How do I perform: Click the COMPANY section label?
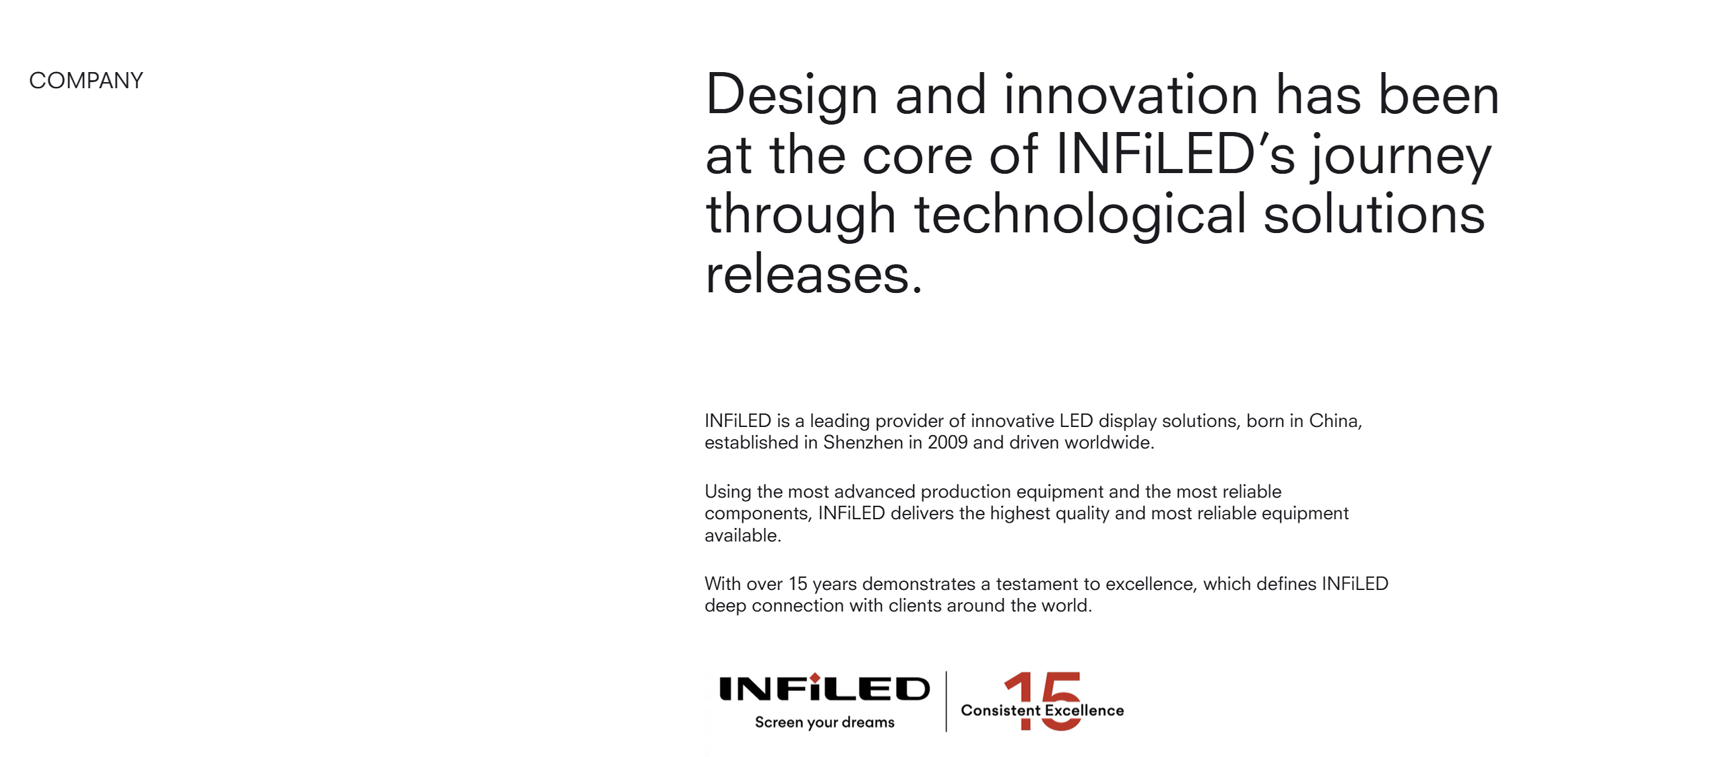click(x=86, y=81)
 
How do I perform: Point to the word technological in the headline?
click(x=1080, y=214)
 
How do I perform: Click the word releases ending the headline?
click(x=814, y=274)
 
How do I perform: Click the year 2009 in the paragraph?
click(x=947, y=442)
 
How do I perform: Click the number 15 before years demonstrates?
click(x=798, y=584)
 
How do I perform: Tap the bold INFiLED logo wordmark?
click(x=825, y=688)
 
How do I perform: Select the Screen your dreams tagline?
click(x=825, y=722)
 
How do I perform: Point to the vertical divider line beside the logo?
click(x=946, y=701)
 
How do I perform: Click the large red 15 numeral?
click(x=1043, y=701)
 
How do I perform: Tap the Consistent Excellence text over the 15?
click(x=1042, y=711)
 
